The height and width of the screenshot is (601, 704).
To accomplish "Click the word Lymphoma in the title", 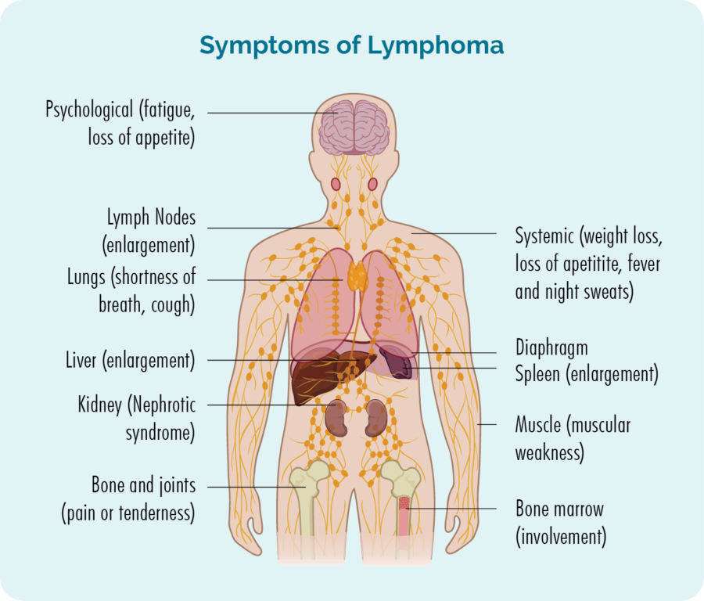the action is click(x=436, y=46).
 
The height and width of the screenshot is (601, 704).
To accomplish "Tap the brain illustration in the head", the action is click(x=354, y=128).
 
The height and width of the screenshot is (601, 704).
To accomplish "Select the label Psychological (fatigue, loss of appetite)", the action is click(x=120, y=123).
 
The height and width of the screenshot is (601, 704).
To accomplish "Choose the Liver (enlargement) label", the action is click(x=131, y=360).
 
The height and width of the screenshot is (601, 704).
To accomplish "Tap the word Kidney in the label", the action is click(x=99, y=405).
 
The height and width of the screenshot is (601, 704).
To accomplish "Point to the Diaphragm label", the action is click(x=551, y=347).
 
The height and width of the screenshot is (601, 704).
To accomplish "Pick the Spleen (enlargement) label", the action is click(x=587, y=374).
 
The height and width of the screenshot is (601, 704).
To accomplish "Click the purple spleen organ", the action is click(x=397, y=363).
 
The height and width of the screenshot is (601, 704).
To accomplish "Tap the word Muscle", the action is click(x=538, y=424).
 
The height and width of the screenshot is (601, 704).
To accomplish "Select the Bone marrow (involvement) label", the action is click(x=561, y=523).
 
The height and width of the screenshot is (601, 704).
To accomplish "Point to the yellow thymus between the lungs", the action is click(x=357, y=275).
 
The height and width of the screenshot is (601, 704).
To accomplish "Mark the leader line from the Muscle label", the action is click(x=487, y=424).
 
